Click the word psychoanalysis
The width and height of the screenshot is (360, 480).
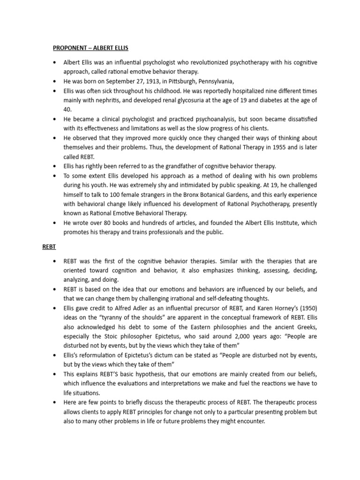[195, 119]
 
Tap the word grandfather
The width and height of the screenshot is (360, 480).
[178, 166]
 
